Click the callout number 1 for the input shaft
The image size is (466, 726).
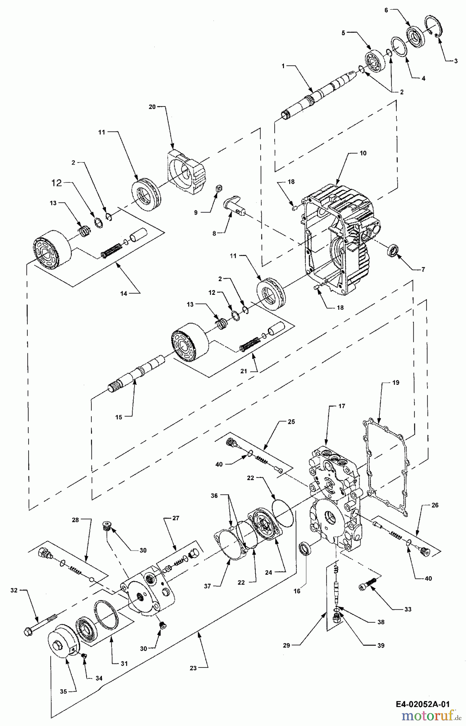tap(283, 65)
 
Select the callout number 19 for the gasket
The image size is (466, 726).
tap(396, 382)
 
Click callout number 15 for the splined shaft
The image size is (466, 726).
tap(118, 417)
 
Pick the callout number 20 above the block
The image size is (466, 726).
tap(152, 107)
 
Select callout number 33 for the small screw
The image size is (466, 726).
tap(408, 609)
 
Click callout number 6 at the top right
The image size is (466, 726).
tap(386, 10)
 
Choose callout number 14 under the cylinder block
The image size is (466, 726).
tap(124, 294)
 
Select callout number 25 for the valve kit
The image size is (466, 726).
tap(291, 422)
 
